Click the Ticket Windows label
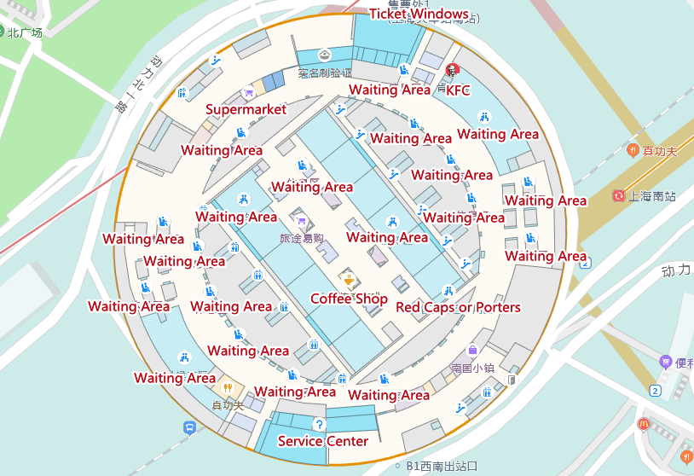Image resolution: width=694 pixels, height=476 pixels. click(419, 15)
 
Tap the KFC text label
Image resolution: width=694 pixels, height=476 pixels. click(458, 90)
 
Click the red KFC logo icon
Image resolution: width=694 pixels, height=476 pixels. click(452, 69)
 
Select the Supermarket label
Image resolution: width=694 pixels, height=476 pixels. click(246, 110)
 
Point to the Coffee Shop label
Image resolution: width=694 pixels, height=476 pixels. click(349, 299)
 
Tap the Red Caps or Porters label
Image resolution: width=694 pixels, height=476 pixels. click(458, 307)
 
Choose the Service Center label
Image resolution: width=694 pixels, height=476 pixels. click(323, 441)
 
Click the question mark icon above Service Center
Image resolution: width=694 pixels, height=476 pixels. click(320, 424)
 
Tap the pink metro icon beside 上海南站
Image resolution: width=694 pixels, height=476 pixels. click(618, 196)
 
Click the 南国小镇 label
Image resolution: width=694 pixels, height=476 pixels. click(473, 369)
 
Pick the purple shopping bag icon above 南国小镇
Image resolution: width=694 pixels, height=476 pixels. click(472, 350)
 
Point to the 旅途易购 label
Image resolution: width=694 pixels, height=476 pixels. click(302, 239)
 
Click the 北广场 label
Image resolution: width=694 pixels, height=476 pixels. click(25, 32)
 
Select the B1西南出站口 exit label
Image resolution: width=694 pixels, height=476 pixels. click(442, 466)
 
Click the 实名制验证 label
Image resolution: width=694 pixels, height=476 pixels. click(325, 73)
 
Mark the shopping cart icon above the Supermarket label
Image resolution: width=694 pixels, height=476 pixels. click(247, 94)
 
